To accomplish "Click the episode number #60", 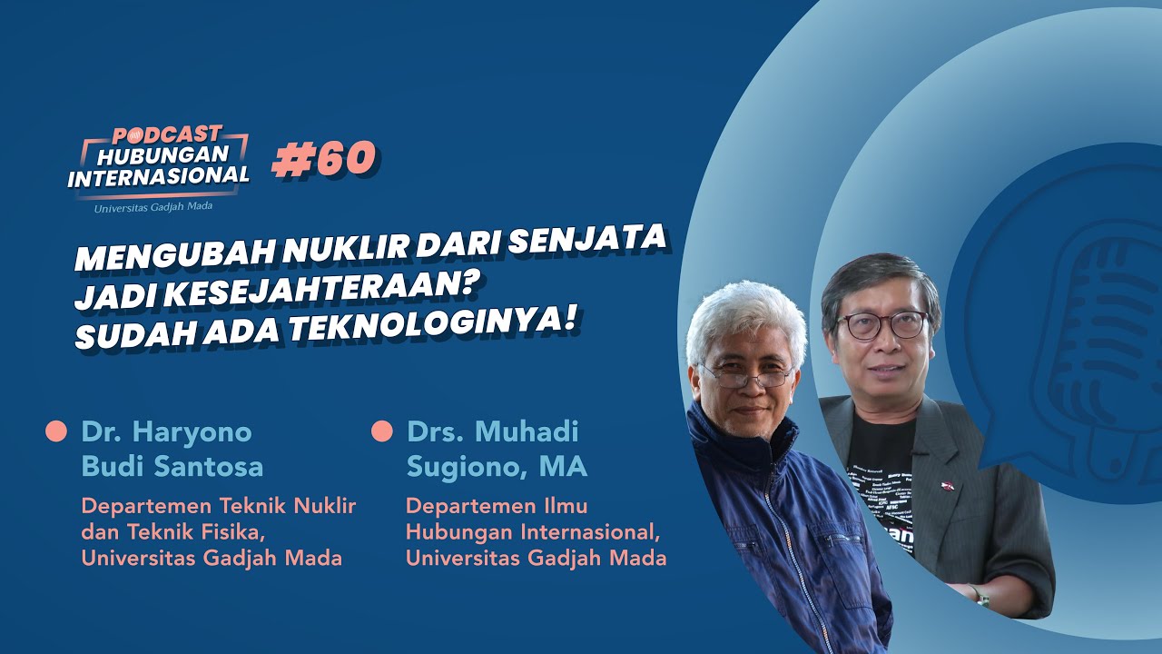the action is click(x=325, y=159).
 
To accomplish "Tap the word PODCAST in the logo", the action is click(x=167, y=135).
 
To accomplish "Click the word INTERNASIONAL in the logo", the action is click(x=159, y=177).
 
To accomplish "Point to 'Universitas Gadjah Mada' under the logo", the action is click(x=153, y=207).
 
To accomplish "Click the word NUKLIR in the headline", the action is click(x=347, y=248).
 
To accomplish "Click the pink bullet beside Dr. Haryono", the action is click(x=56, y=431).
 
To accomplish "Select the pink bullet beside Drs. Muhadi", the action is click(x=382, y=431).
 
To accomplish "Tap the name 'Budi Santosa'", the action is click(x=172, y=467).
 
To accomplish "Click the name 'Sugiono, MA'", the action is click(x=497, y=467).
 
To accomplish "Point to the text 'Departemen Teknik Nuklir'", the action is click(x=219, y=506).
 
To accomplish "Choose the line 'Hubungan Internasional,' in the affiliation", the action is click(x=533, y=532).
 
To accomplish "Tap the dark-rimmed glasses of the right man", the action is click(x=881, y=326).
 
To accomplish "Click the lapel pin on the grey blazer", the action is click(x=948, y=486).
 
